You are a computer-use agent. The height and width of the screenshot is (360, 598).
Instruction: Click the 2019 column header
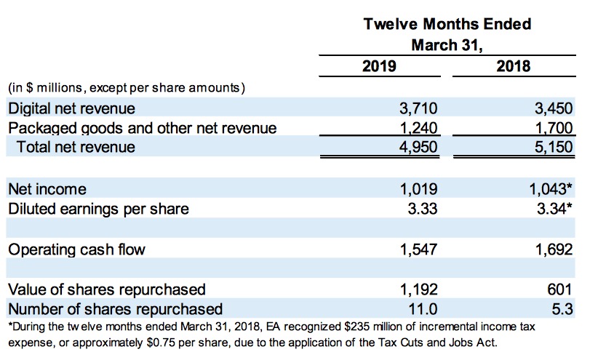click(378, 67)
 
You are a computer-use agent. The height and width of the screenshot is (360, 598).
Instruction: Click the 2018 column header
click(514, 67)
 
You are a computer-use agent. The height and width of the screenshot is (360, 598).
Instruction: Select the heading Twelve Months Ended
click(447, 24)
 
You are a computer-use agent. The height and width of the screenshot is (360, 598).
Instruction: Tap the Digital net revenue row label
click(71, 109)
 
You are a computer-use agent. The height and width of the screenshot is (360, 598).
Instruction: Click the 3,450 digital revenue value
click(554, 109)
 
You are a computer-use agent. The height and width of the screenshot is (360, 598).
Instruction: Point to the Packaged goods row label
click(142, 129)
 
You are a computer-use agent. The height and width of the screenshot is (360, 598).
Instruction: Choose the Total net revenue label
click(77, 147)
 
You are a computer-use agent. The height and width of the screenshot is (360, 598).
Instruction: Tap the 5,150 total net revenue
click(554, 147)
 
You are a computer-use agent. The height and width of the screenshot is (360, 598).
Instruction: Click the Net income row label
click(47, 189)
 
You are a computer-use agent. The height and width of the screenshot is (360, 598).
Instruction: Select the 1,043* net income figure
click(552, 189)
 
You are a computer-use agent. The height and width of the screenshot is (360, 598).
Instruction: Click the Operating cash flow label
click(76, 249)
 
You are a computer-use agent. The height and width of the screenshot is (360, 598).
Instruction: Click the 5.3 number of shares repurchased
click(562, 308)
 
